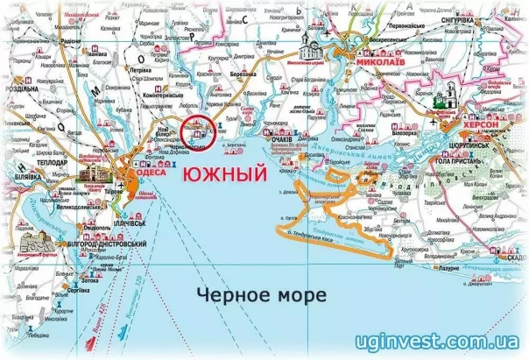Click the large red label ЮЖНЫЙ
(x=223, y=176)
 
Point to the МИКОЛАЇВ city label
(x=386, y=62)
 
